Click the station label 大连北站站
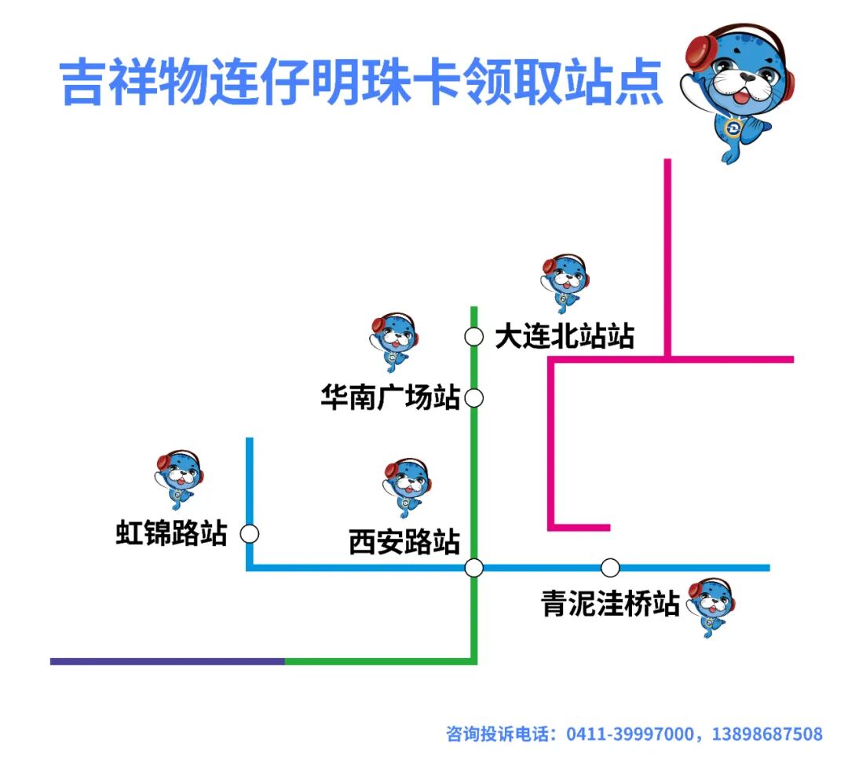[x=565, y=337]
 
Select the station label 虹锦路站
[x=172, y=534]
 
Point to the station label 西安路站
[x=404, y=543]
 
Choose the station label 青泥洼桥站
[x=610, y=604]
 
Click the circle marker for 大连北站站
[x=473, y=337]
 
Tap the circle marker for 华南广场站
[x=473, y=398]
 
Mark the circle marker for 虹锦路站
[x=250, y=534]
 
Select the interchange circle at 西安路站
[x=473, y=567]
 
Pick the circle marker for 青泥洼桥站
[x=610, y=567]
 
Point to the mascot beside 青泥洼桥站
[x=711, y=607]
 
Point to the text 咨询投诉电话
[x=497, y=734]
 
